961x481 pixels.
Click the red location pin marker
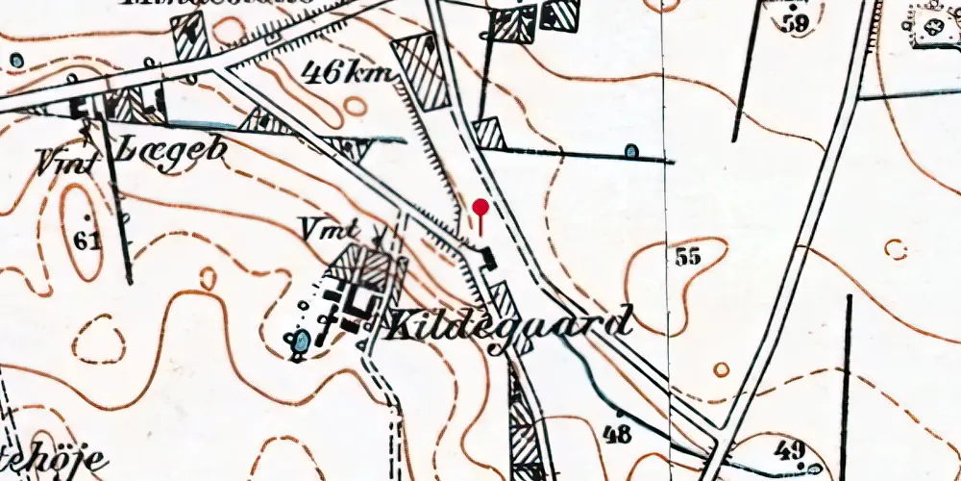click(480, 207)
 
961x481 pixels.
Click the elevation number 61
click(86, 240)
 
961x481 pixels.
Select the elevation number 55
click(687, 256)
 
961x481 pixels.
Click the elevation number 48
click(617, 434)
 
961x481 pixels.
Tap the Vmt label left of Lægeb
click(67, 162)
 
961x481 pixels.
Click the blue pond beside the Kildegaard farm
click(302, 341)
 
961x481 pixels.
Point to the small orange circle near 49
click(721, 368)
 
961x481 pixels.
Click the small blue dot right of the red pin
click(631, 151)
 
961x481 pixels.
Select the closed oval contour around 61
click(83, 232)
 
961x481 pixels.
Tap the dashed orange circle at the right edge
click(896, 249)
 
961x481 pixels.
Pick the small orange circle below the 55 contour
click(721, 368)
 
